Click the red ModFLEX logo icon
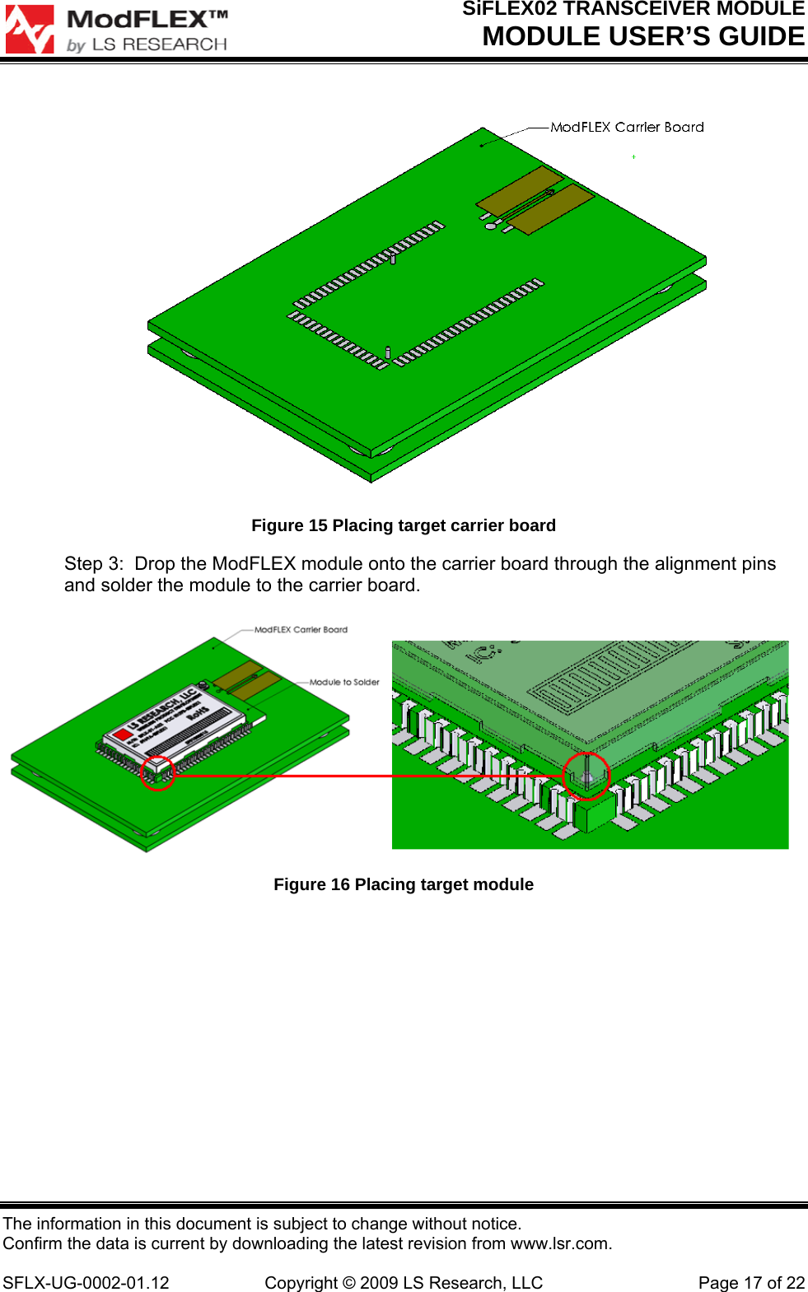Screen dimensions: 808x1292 tap(30, 30)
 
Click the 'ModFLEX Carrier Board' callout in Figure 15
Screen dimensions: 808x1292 tap(627, 127)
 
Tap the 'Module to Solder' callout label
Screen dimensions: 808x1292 tap(344, 682)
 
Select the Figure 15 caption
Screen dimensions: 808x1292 tap(404, 525)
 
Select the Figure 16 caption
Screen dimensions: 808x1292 tap(404, 884)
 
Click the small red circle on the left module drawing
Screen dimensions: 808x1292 tap(157, 773)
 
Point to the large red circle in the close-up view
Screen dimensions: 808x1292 tap(586, 776)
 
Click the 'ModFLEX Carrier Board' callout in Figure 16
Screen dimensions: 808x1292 tap(301, 630)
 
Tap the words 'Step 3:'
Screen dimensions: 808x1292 tap(94, 564)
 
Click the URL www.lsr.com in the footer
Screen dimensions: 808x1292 tap(559, 1243)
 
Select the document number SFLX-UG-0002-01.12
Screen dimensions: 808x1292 tap(86, 1283)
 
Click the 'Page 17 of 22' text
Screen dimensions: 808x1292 tap(751, 1283)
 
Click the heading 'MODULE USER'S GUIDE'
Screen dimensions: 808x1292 tap(643, 37)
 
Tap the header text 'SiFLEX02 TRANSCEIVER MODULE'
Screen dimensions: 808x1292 tap(633, 9)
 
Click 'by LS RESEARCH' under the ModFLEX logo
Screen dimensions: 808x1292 tap(147, 44)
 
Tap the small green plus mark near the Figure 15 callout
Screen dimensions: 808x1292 tap(633, 156)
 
